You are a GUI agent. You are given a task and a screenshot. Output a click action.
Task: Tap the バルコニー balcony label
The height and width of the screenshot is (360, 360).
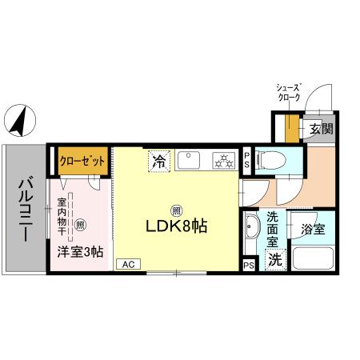(24, 207)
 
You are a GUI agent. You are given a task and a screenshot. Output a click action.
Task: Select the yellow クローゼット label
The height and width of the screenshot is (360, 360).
(83, 160)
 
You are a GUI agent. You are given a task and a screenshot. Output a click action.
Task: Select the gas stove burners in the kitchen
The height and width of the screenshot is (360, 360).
(222, 161)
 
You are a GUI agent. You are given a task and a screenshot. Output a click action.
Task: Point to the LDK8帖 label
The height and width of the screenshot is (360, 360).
(176, 226)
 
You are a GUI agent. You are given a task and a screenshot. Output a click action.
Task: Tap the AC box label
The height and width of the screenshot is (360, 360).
(128, 263)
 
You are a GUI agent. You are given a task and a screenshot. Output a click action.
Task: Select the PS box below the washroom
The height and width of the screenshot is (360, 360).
(249, 264)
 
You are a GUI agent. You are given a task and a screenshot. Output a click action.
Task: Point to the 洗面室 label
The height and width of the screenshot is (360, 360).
(273, 227)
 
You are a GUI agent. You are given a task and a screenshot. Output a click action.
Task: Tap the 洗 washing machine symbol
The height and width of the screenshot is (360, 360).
(274, 259)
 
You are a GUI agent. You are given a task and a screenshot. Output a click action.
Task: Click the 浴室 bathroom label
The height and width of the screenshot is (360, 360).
(313, 230)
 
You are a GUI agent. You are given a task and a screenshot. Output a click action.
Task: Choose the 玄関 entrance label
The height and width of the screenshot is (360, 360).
(320, 128)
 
